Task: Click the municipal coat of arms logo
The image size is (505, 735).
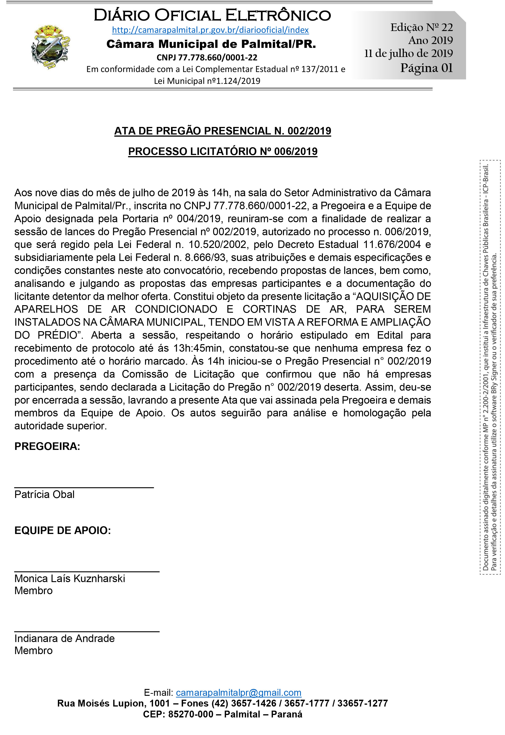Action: [51, 47]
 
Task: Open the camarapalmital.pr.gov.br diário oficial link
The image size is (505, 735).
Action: [210, 30]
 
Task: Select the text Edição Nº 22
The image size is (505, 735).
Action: [421, 28]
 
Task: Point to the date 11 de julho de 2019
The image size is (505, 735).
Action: [408, 53]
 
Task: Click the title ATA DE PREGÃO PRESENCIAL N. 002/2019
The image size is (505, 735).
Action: [222, 131]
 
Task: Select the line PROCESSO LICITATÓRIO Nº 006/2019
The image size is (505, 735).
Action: [222, 151]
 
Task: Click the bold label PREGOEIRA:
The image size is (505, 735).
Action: [47, 446]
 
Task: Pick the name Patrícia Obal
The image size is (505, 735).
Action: [44, 494]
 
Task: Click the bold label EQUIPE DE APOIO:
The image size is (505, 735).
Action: [63, 530]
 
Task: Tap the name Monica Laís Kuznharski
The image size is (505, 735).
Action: [70, 579]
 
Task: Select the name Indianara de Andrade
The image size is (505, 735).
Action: [65, 638]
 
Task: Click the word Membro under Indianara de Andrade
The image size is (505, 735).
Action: [33, 650]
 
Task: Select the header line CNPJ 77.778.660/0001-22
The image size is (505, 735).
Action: [207, 58]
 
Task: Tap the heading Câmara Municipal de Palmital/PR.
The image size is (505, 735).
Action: [211, 44]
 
